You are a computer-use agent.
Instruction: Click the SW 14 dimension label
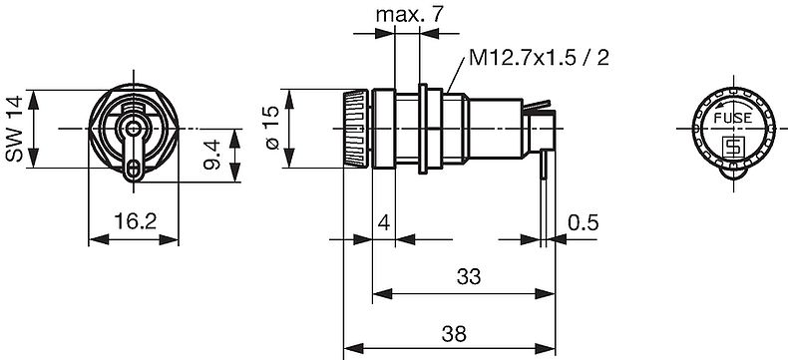[14, 129]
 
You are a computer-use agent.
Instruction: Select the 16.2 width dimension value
[135, 221]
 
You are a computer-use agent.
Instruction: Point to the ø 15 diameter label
[270, 128]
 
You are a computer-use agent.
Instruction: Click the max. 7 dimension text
[410, 15]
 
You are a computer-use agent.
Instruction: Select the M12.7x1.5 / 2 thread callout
[540, 58]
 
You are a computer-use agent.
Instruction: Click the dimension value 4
[383, 222]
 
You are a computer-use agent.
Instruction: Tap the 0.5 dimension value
[584, 222]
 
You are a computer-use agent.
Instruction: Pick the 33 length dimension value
[469, 276]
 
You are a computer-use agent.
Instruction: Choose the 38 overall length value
[454, 333]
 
